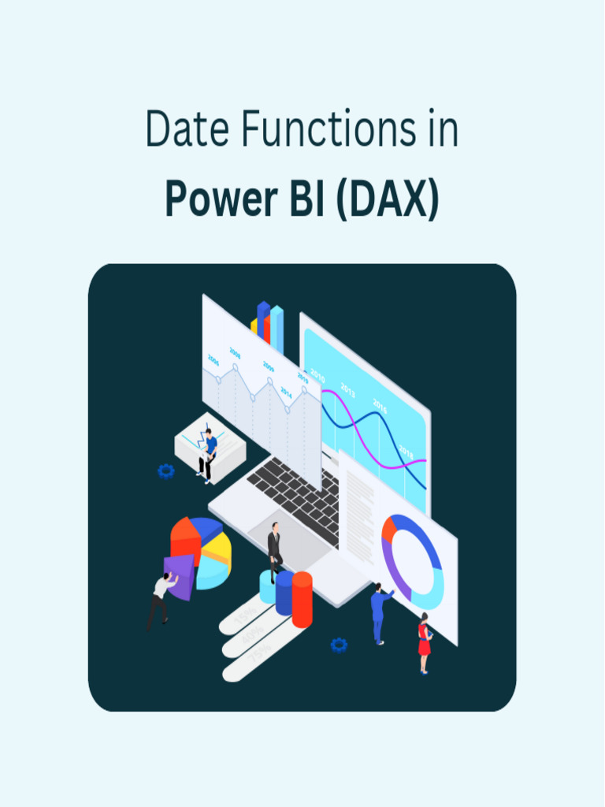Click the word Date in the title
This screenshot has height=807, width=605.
[x=186, y=130]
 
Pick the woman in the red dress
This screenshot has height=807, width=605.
[x=425, y=642]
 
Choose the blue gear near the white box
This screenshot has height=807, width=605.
[x=165, y=471]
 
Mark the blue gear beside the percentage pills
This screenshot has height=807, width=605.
[x=339, y=645]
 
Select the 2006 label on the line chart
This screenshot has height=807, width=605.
[x=213, y=359]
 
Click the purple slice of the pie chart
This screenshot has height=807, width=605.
[x=179, y=576]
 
